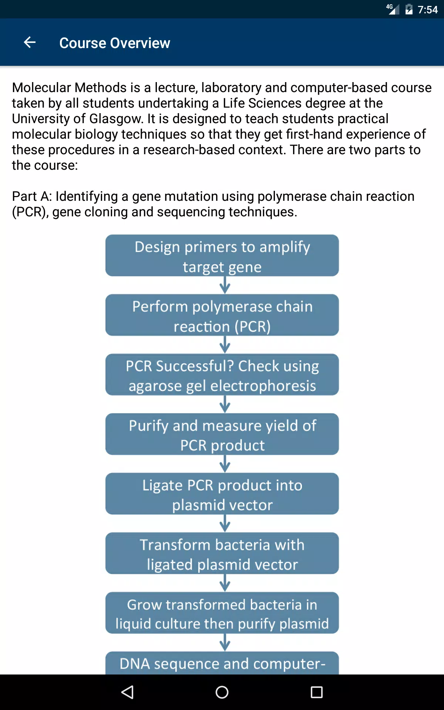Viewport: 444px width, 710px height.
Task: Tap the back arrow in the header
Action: click(30, 43)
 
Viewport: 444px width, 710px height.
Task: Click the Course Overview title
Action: click(115, 43)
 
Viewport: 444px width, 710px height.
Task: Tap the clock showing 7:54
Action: click(428, 10)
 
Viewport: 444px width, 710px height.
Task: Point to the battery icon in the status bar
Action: click(409, 9)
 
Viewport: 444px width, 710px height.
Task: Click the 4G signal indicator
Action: click(393, 9)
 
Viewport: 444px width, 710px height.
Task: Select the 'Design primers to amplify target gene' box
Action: click(222, 256)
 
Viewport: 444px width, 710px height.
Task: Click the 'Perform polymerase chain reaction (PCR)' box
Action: click(222, 315)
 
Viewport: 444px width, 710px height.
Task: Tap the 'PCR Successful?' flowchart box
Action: click(222, 375)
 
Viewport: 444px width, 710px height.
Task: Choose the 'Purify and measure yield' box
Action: click(222, 434)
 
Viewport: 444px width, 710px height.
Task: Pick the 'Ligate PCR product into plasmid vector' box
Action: click(222, 494)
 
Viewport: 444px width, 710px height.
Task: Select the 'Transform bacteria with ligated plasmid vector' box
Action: click(222, 553)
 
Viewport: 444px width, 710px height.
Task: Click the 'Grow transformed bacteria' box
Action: click(222, 613)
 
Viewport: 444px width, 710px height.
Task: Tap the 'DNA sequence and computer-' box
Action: click(222, 663)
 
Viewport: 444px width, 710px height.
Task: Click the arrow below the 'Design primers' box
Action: click(225, 285)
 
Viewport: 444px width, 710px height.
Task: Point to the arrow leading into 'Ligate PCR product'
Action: click(225, 464)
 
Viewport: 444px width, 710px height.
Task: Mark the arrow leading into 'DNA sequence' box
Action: click(225, 642)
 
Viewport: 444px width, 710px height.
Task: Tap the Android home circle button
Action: click(222, 692)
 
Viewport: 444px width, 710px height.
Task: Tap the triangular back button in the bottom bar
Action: click(127, 692)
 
